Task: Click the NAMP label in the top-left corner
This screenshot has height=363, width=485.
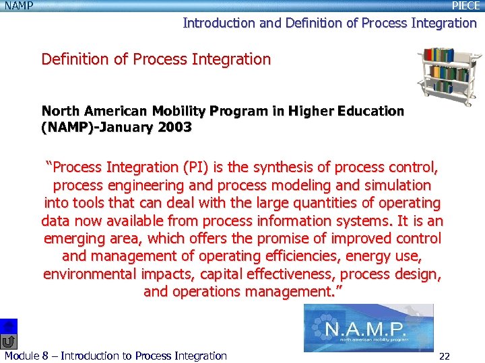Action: [18, 6]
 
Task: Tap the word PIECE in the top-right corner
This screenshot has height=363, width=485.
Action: [465, 6]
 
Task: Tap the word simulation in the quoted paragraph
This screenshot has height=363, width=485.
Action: [398, 185]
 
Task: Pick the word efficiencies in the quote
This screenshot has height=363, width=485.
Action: [318, 256]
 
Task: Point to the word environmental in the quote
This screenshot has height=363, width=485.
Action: [90, 274]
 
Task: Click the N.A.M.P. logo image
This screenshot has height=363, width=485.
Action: [368, 329]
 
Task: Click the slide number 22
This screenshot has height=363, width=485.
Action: [444, 356]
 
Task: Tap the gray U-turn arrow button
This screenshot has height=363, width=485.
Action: [7, 341]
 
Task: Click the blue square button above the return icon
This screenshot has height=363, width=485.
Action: [7, 326]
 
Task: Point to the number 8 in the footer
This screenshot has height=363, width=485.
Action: [45, 356]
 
